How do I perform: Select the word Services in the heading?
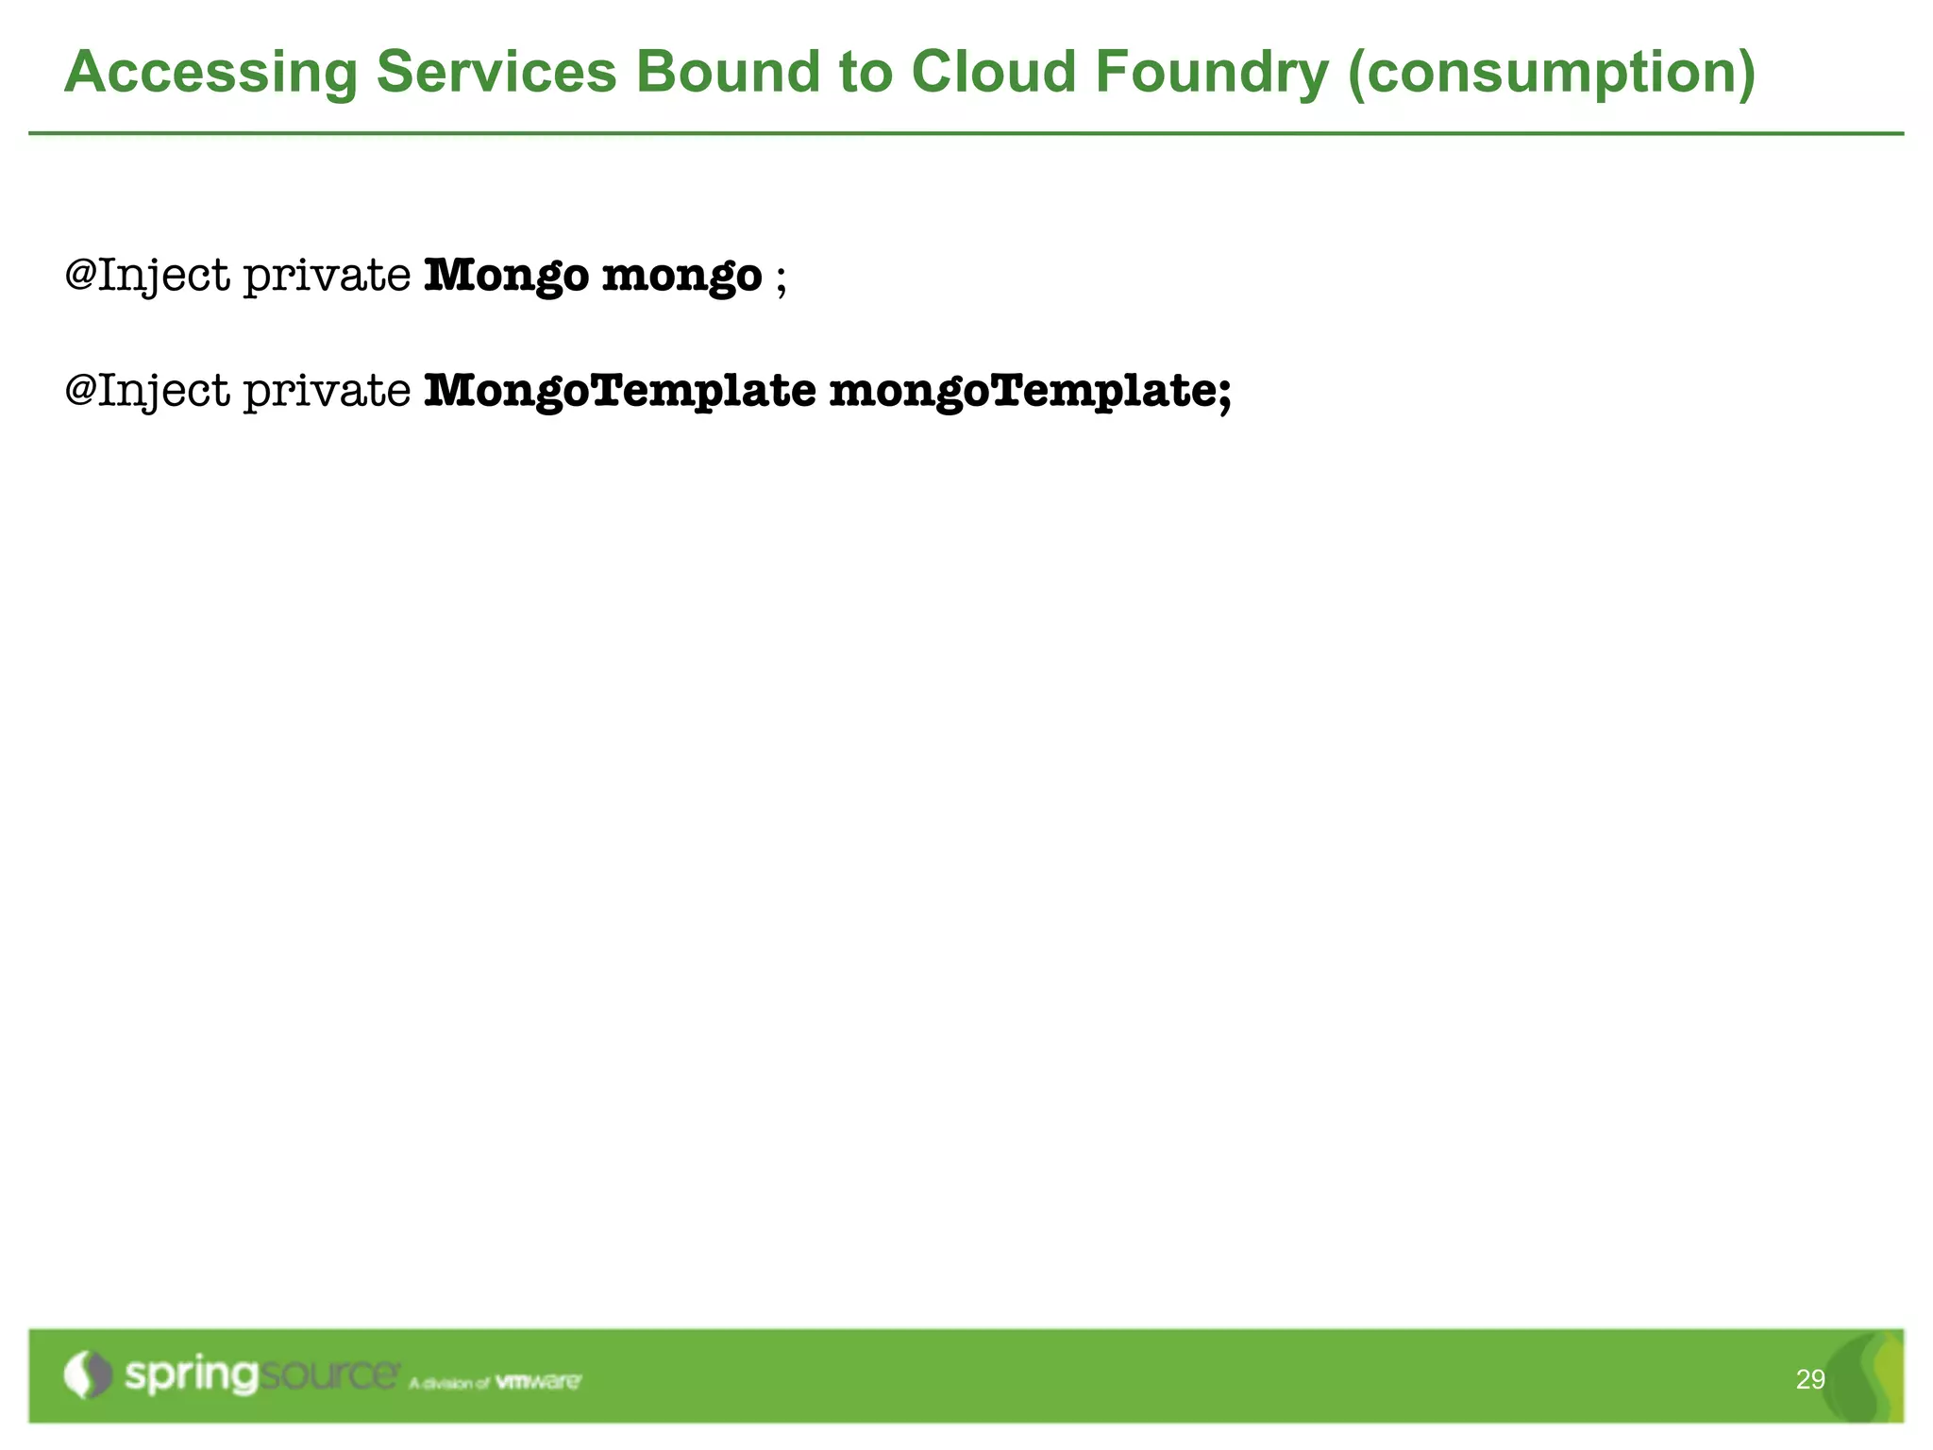[496, 72]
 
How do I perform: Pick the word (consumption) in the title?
[1552, 74]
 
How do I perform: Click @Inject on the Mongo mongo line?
[147, 277]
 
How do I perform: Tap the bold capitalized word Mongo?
[506, 277]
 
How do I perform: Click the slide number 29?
[1809, 1380]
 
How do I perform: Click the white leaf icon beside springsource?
[87, 1374]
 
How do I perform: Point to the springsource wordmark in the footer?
[261, 1375]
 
